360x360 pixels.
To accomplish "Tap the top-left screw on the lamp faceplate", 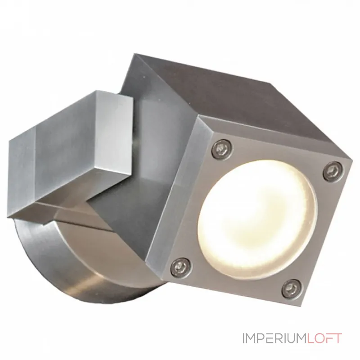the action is click(x=222, y=148).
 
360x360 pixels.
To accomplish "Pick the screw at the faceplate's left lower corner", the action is click(x=181, y=266).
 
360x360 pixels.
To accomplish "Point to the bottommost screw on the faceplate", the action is click(x=292, y=288).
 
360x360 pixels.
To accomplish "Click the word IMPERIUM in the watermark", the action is click(x=274, y=339).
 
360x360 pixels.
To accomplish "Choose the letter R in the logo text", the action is click(x=279, y=339).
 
